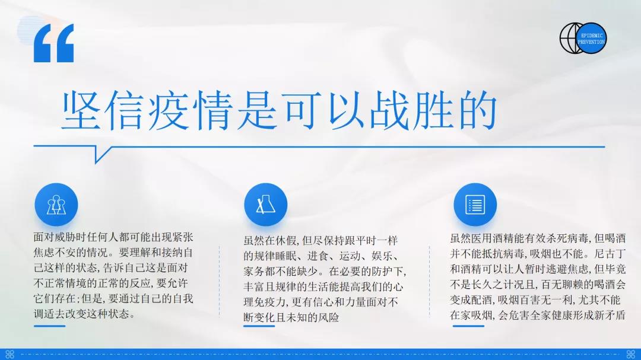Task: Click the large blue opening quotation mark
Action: (53, 43)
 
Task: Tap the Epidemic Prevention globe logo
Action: (583, 38)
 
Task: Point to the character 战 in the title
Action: (388, 110)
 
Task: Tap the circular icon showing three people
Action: (56, 204)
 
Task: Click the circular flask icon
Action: (266, 204)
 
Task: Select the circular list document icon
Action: (475, 204)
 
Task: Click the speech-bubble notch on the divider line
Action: (100, 153)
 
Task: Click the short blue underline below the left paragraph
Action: (49, 326)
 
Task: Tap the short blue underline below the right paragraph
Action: (468, 326)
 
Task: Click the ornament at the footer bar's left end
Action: (10, 354)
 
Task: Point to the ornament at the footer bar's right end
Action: (631, 354)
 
